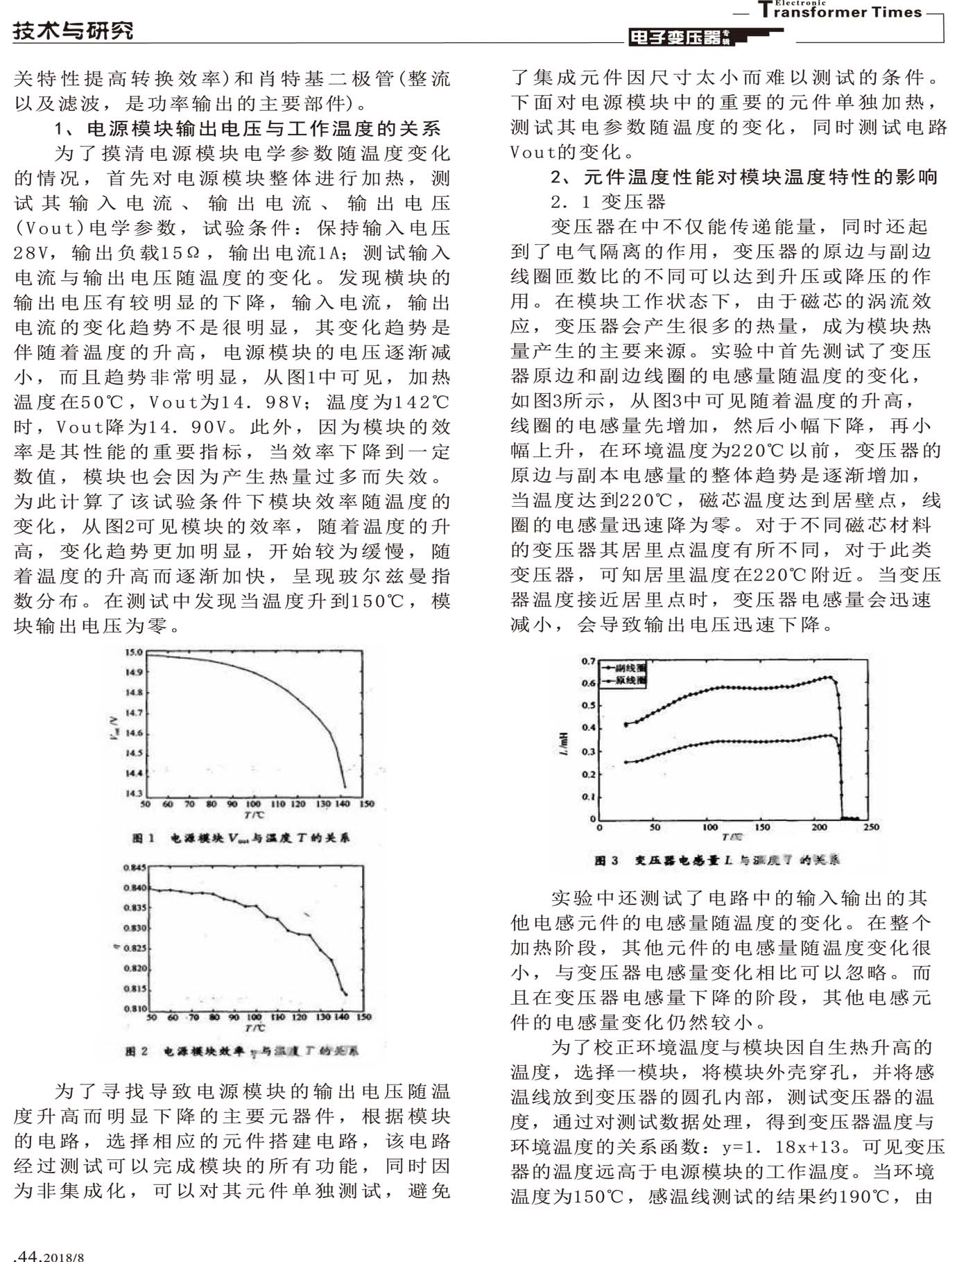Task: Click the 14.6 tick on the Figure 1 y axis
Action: tap(134, 733)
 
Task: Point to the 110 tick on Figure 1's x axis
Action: tap(277, 804)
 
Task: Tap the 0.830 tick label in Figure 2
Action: tap(135, 928)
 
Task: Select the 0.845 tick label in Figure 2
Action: tap(135, 867)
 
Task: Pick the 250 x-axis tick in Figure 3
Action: tap(871, 827)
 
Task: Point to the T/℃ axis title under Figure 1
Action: tap(255, 815)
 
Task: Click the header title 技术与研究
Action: tap(72, 30)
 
